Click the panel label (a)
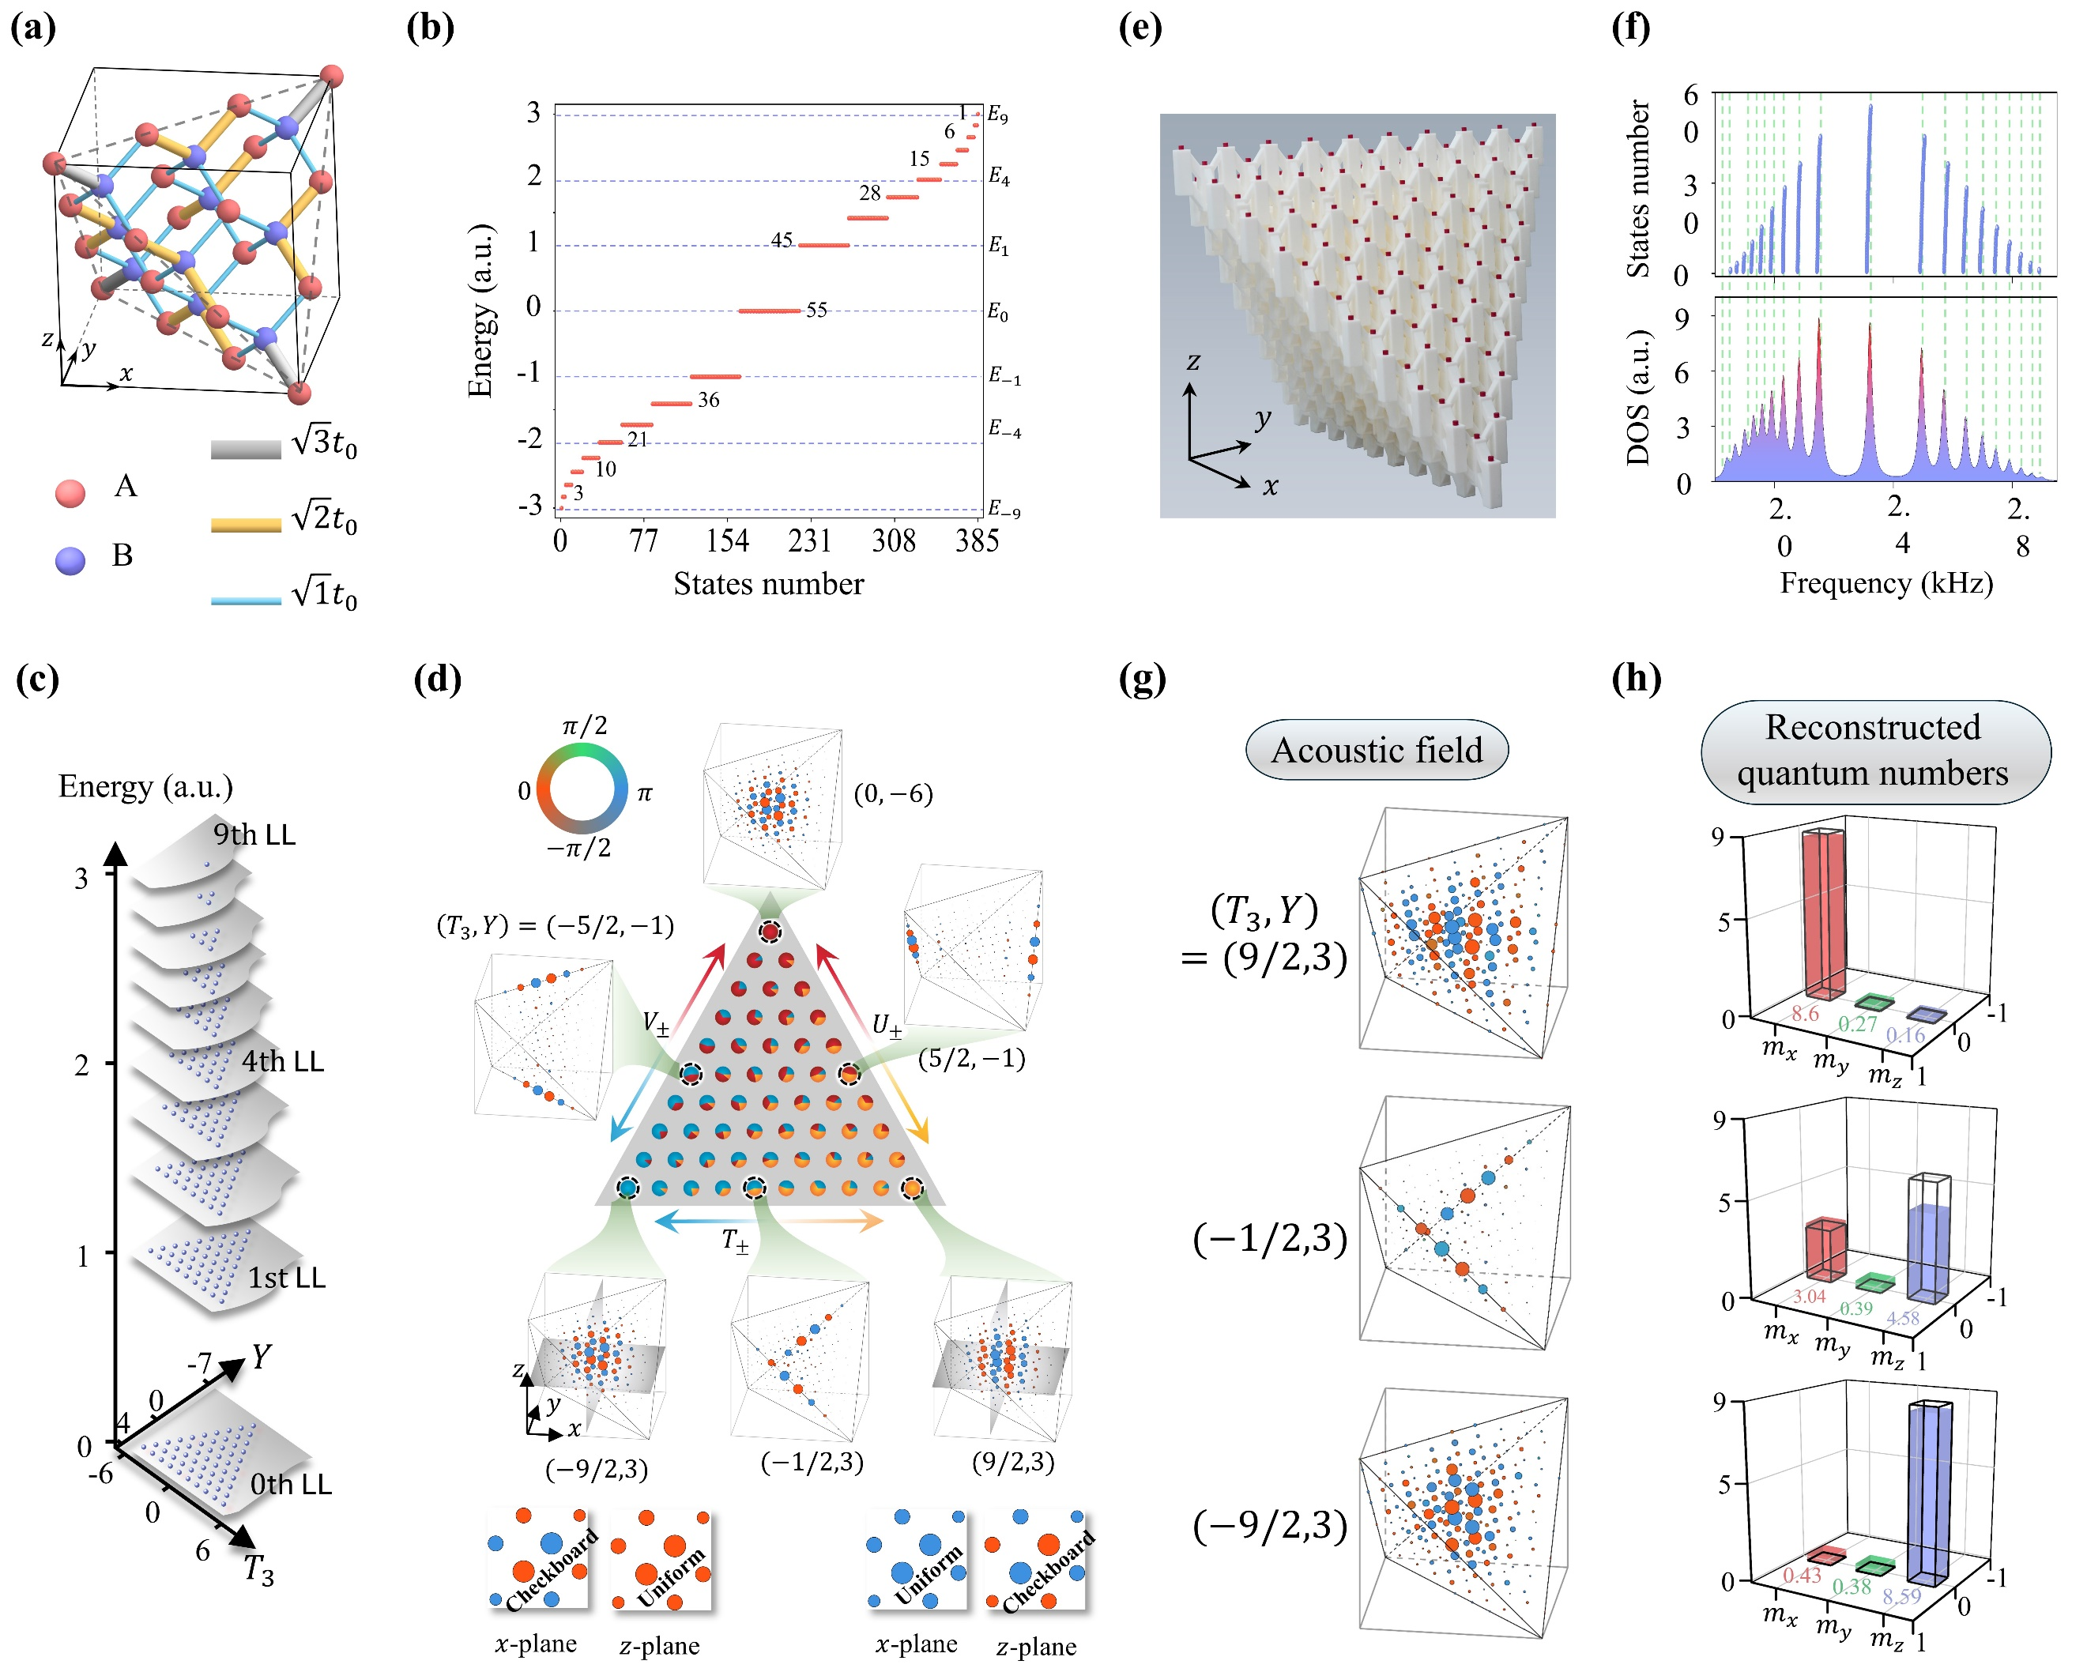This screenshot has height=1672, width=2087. pos(33,27)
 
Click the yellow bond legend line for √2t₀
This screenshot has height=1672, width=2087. pos(246,525)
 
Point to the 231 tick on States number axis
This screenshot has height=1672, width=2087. pos(809,540)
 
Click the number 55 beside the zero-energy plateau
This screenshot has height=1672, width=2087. pos(817,310)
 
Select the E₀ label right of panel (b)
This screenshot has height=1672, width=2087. pos(998,312)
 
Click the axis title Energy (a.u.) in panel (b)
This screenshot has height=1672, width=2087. pos(481,310)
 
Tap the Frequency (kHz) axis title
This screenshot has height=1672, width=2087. pos(1885,583)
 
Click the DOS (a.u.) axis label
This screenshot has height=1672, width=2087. pos(1638,397)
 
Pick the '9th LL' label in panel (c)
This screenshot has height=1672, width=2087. pos(254,834)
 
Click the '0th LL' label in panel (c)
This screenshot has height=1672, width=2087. pos(290,1484)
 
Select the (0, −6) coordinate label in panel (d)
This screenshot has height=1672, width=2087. pos(892,795)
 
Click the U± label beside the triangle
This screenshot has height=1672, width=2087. pos(887,1026)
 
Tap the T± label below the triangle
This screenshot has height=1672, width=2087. pos(736,1241)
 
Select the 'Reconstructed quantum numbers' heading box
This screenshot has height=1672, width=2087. pos(1875,751)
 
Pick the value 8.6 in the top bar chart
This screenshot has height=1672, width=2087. pos(1804,1014)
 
